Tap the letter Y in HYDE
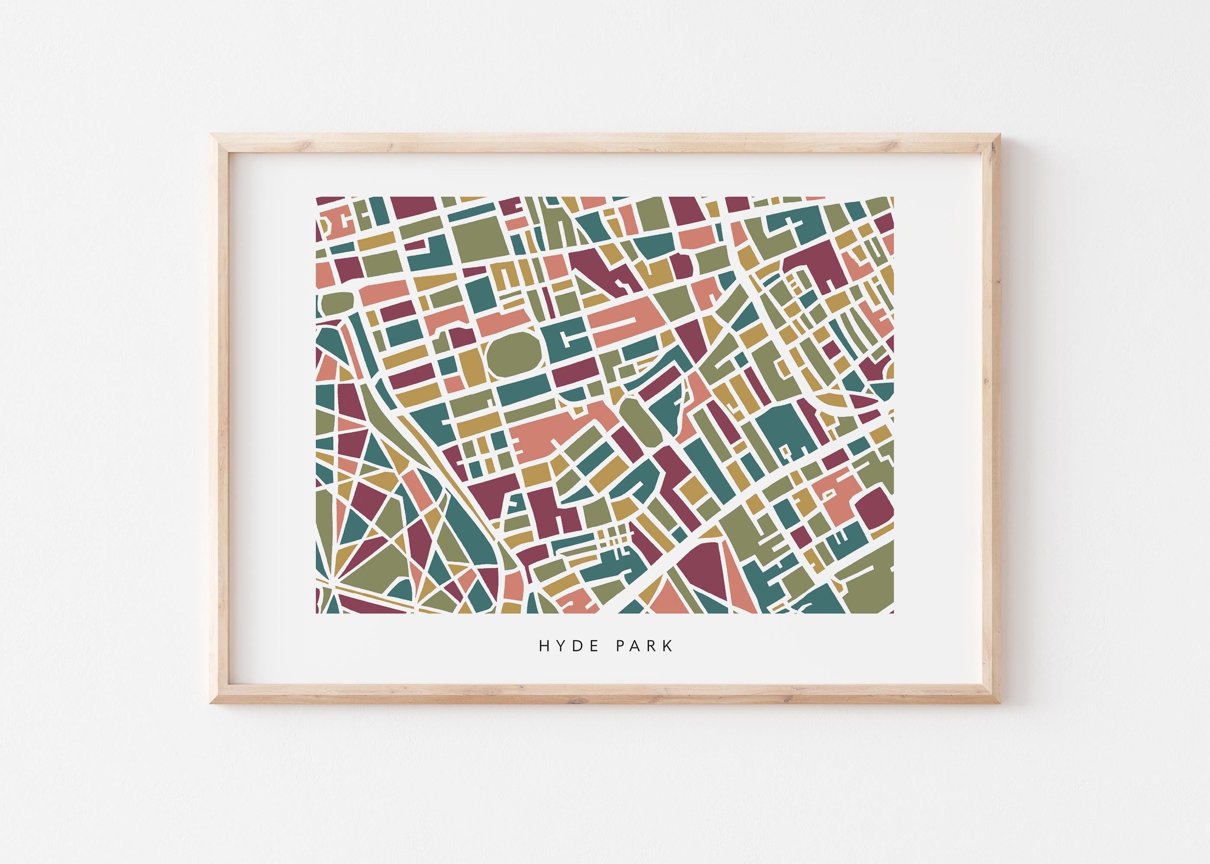(555, 646)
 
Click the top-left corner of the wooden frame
(213, 137)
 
